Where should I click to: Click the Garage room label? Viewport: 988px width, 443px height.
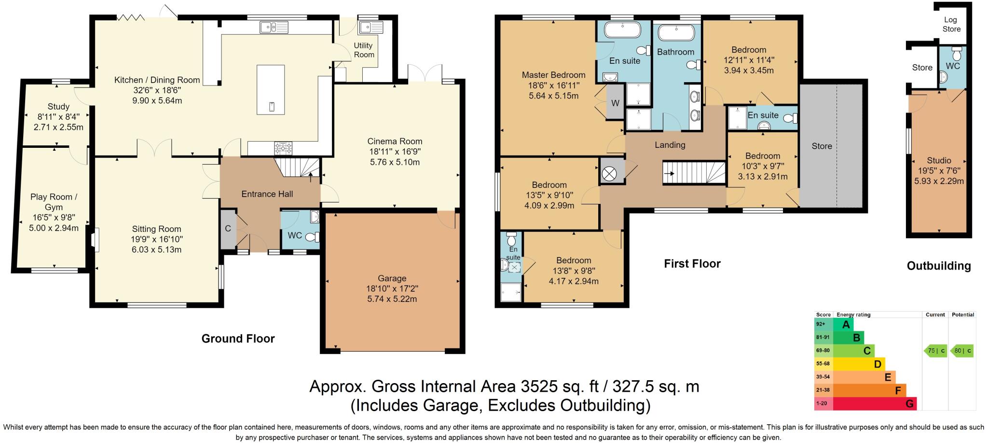pyautogui.click(x=392, y=278)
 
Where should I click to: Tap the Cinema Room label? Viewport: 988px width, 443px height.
pyautogui.click(x=395, y=141)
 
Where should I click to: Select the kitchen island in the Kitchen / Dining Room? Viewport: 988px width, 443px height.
pyautogui.click(x=271, y=90)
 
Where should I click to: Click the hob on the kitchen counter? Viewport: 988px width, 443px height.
pyautogui.click(x=283, y=147)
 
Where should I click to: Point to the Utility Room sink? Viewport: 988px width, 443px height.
pyautogui.click(x=371, y=27)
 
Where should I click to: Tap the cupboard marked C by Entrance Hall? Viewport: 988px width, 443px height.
pyautogui.click(x=228, y=229)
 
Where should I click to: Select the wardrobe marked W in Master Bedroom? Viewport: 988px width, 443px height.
pyautogui.click(x=615, y=102)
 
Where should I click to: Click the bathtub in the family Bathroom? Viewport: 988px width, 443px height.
pyautogui.click(x=677, y=33)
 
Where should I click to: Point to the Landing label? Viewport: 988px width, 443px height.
pyautogui.click(x=670, y=144)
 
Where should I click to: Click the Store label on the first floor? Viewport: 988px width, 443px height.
pyautogui.click(x=822, y=146)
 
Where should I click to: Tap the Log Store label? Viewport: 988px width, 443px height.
pyautogui.click(x=951, y=24)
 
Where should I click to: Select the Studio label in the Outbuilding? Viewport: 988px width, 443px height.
pyautogui.click(x=939, y=160)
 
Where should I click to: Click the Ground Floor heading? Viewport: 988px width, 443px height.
pyautogui.click(x=238, y=339)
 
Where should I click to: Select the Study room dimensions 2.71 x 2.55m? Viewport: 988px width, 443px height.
pyautogui.click(x=58, y=128)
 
